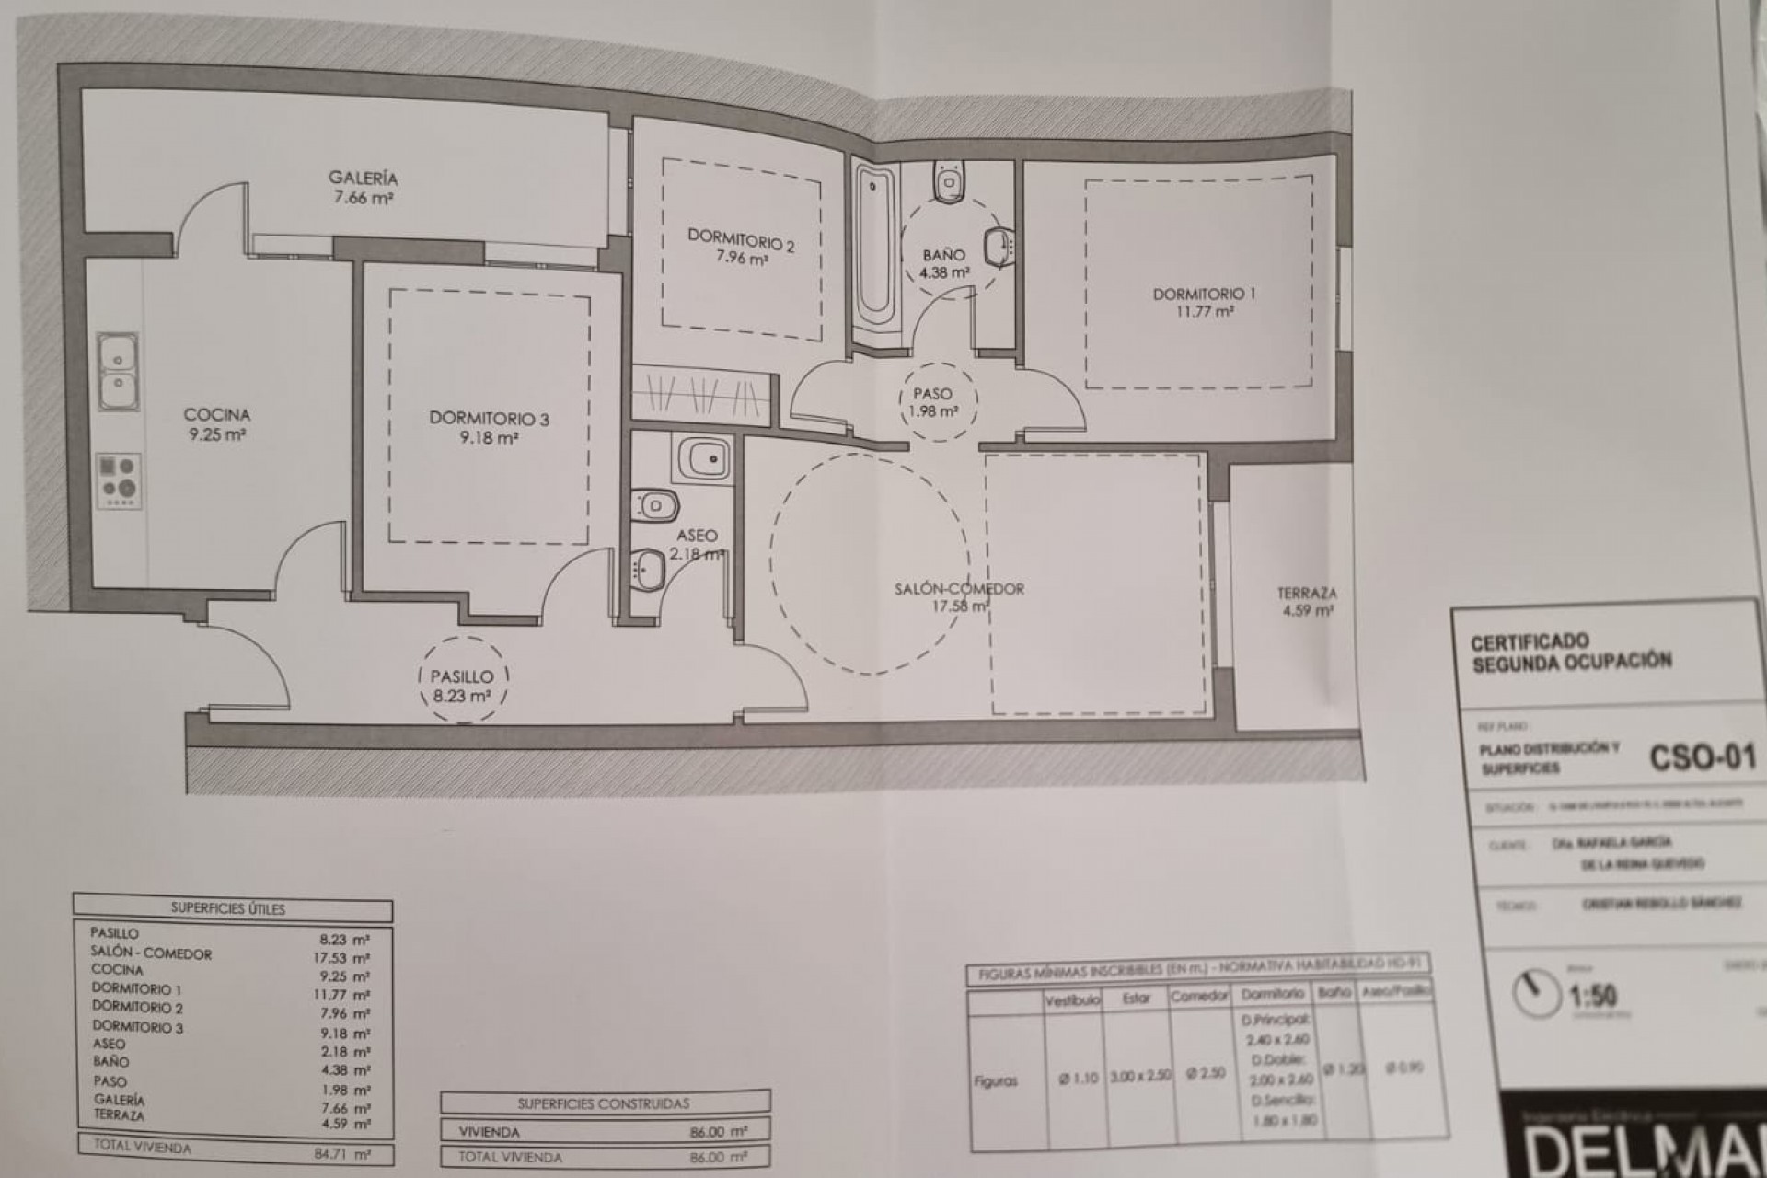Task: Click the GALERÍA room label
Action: coord(364,178)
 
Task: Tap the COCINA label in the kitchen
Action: coord(217,415)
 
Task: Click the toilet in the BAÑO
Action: coord(947,181)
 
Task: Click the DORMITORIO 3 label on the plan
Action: coord(489,419)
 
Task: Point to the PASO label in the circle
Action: coord(932,394)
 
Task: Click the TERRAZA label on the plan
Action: coord(1307,594)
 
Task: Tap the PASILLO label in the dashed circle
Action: coord(462,676)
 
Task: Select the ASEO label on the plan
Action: coord(696,536)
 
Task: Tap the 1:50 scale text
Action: coord(1593,995)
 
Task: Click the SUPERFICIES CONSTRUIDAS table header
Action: coord(604,1103)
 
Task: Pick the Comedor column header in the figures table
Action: coord(1199,997)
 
